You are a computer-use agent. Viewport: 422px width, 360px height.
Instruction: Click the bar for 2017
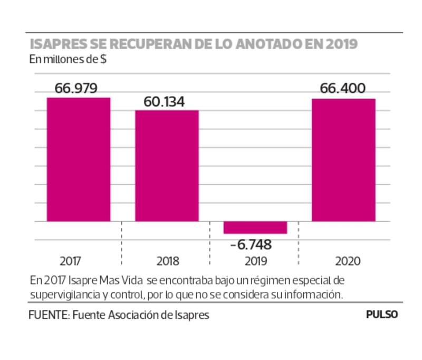(x=79, y=159)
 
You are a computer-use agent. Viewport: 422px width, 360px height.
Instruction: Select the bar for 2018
(x=167, y=165)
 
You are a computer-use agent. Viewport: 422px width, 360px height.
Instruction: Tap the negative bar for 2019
(x=255, y=228)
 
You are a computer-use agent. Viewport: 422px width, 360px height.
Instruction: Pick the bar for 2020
(x=343, y=159)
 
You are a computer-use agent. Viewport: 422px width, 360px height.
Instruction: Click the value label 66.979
(x=76, y=88)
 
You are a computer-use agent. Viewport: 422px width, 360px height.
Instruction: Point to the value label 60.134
(x=164, y=101)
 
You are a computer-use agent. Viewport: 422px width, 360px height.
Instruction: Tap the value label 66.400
(x=342, y=88)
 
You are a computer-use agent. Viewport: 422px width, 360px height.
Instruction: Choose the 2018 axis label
(x=168, y=261)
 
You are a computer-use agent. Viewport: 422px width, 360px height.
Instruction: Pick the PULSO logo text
(x=382, y=315)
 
